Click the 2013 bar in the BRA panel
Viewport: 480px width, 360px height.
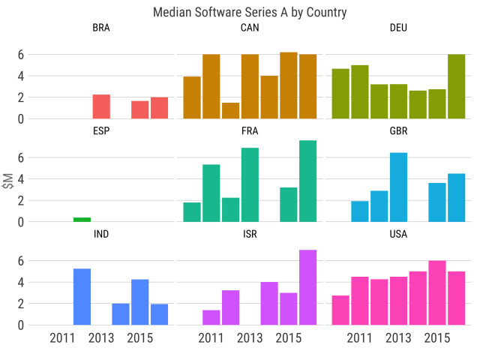pos(101,106)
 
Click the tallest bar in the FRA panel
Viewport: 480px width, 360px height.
pos(308,181)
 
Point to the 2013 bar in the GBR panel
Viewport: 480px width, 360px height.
pos(398,187)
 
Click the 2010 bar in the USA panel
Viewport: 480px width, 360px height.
pos(340,310)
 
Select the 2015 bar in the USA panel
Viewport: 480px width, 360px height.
pos(437,292)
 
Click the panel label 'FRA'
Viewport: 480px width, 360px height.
pos(250,131)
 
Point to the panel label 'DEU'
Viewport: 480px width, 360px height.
pos(399,28)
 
